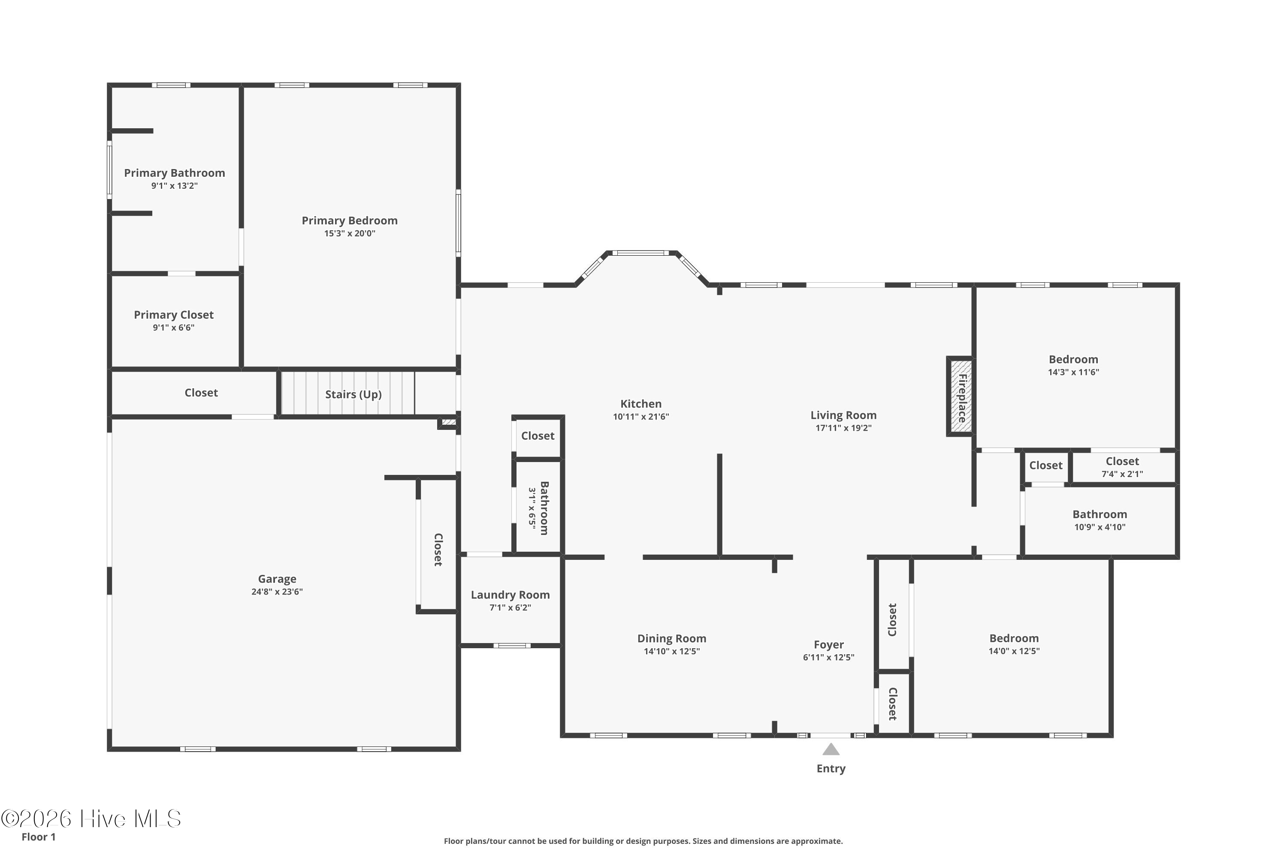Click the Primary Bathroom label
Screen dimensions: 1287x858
tap(175, 173)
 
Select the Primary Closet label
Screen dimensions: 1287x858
tap(173, 314)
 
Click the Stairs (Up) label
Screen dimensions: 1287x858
tap(353, 395)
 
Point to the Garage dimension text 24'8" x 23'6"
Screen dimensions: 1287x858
tap(277, 592)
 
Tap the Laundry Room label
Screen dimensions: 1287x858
tap(510, 595)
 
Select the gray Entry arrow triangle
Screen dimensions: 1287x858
tap(831, 749)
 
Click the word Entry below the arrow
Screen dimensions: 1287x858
tap(831, 768)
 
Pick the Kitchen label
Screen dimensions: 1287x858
tap(641, 404)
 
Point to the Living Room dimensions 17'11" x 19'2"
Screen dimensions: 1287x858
tap(843, 428)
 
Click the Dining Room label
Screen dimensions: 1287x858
tap(671, 639)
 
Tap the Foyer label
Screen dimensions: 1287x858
tap(828, 645)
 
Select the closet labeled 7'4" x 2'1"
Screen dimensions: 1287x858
tap(1122, 467)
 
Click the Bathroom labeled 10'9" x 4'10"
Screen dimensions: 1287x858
tap(1099, 520)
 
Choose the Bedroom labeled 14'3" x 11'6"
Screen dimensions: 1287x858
tap(1074, 366)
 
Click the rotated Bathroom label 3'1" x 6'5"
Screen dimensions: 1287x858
tap(538, 508)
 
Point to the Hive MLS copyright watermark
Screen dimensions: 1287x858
tap(91, 819)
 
